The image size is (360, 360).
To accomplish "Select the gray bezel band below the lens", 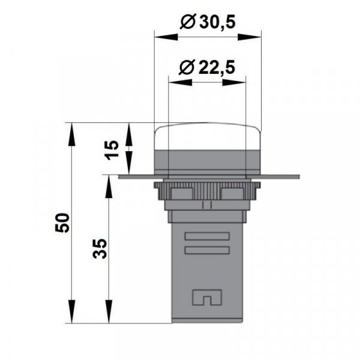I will click(x=208, y=160).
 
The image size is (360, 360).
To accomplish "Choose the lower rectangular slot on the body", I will click(x=208, y=250).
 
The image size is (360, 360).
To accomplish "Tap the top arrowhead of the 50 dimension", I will click(x=73, y=128).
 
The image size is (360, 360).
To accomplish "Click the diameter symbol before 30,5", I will click(x=187, y=23).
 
